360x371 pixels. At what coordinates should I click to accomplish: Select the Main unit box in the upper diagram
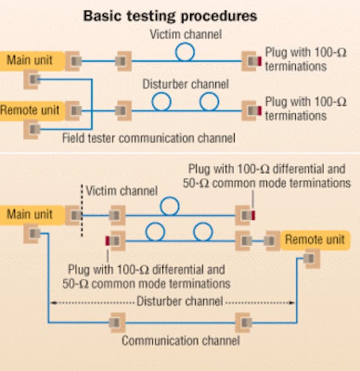(x=29, y=60)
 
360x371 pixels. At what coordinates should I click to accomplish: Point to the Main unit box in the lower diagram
(x=29, y=214)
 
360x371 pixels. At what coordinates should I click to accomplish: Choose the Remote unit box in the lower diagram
(x=313, y=240)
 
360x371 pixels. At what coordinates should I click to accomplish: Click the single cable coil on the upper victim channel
(x=185, y=53)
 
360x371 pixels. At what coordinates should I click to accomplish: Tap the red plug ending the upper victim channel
(x=258, y=61)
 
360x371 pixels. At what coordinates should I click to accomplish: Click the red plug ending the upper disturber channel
(x=258, y=111)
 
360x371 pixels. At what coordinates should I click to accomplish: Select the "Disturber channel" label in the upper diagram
(x=184, y=84)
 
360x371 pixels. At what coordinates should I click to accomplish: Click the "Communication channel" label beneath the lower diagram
(x=180, y=341)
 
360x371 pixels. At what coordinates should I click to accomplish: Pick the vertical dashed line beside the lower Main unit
(x=82, y=211)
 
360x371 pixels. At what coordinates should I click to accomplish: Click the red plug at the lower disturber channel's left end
(x=108, y=240)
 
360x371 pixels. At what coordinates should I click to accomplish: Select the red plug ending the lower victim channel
(x=253, y=216)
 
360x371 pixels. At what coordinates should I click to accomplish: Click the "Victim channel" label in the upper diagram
(x=184, y=35)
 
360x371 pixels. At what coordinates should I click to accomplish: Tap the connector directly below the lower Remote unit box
(x=310, y=258)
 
